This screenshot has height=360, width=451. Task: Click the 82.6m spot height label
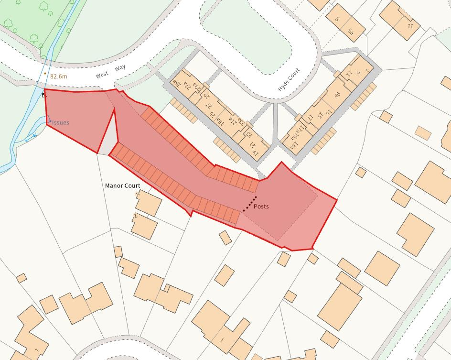pyautogui.click(x=59, y=76)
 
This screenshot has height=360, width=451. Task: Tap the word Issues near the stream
pyautogui.click(x=61, y=122)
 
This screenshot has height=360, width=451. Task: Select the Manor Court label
pyautogui.click(x=123, y=185)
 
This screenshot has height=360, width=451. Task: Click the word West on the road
pyautogui.click(x=102, y=76)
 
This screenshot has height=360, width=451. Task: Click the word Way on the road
pyautogui.click(x=120, y=68)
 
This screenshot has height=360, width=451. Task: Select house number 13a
pyautogui.click(x=292, y=143)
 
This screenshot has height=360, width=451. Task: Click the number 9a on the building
pyautogui.click(x=337, y=95)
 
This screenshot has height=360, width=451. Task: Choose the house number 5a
pyautogui.click(x=351, y=32)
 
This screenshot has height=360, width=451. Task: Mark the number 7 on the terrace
pyautogui.click(x=366, y=70)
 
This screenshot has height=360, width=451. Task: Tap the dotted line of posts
pyautogui.click(x=249, y=204)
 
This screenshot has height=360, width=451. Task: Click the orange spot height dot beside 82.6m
pyautogui.click(x=45, y=74)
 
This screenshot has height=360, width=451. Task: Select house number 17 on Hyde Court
pyautogui.click(x=310, y=117)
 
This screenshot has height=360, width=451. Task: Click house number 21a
pyautogui.click(x=232, y=121)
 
